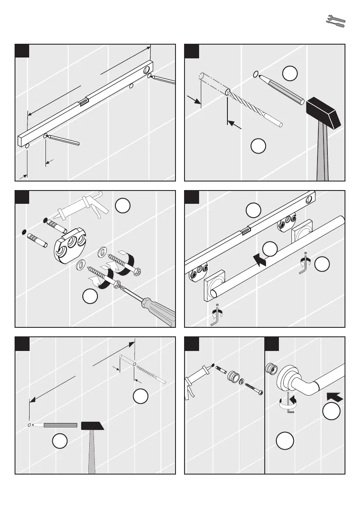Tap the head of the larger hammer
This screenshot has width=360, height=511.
pyautogui.click(x=324, y=112)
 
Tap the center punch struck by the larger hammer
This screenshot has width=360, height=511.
pyautogui.click(x=281, y=88)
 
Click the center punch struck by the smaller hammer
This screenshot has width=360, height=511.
pyautogui.click(x=56, y=425)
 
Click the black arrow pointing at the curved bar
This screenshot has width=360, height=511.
pyautogui.click(x=335, y=396)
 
